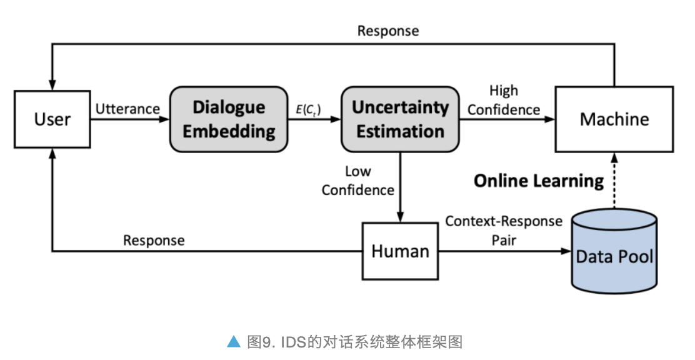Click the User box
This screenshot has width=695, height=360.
click(x=52, y=119)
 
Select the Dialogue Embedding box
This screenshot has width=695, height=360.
click(x=229, y=119)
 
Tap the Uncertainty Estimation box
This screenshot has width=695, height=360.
click(x=400, y=119)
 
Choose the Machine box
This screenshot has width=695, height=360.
click(x=614, y=119)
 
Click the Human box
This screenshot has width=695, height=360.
click(x=400, y=251)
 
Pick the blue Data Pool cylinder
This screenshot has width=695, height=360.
click(x=614, y=253)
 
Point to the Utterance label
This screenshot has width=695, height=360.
click(x=127, y=109)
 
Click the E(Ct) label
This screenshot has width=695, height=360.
click(x=309, y=109)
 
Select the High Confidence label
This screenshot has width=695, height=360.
click(x=504, y=100)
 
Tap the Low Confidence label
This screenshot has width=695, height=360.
click(x=358, y=180)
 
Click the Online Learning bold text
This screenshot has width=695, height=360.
click(x=539, y=181)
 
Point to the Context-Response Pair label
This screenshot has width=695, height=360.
click(x=504, y=230)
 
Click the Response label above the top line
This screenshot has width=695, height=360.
click(x=387, y=31)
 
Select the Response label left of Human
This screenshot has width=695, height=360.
click(x=154, y=240)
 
